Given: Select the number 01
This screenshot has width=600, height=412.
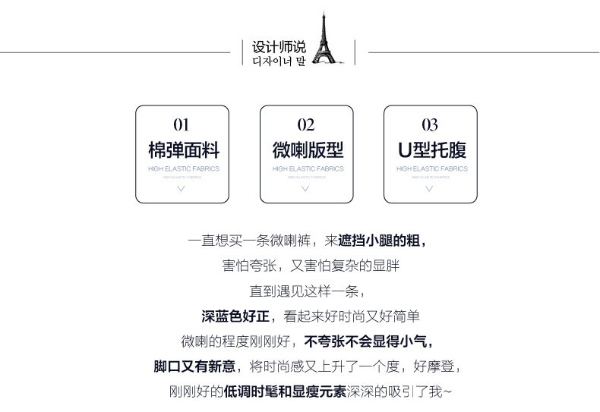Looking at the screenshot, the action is (x=181, y=124).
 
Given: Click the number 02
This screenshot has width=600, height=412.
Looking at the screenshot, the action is (x=305, y=124).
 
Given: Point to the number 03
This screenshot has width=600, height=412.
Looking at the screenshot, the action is (x=430, y=124).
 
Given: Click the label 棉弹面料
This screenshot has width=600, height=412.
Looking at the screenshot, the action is (x=181, y=148).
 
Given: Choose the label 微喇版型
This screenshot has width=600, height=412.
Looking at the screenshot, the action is (x=305, y=148).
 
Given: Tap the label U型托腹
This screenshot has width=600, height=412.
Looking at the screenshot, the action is (x=430, y=148).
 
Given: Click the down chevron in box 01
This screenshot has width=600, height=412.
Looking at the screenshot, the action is (x=181, y=187).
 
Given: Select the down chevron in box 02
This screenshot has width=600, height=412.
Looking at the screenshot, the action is (x=305, y=187).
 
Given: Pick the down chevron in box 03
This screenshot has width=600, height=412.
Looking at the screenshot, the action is (x=430, y=187).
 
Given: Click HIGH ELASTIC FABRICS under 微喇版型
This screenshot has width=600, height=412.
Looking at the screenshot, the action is (x=305, y=168).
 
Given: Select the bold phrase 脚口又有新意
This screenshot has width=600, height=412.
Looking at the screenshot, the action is (x=194, y=366).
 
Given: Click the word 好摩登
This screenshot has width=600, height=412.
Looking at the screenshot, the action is (x=436, y=366).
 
